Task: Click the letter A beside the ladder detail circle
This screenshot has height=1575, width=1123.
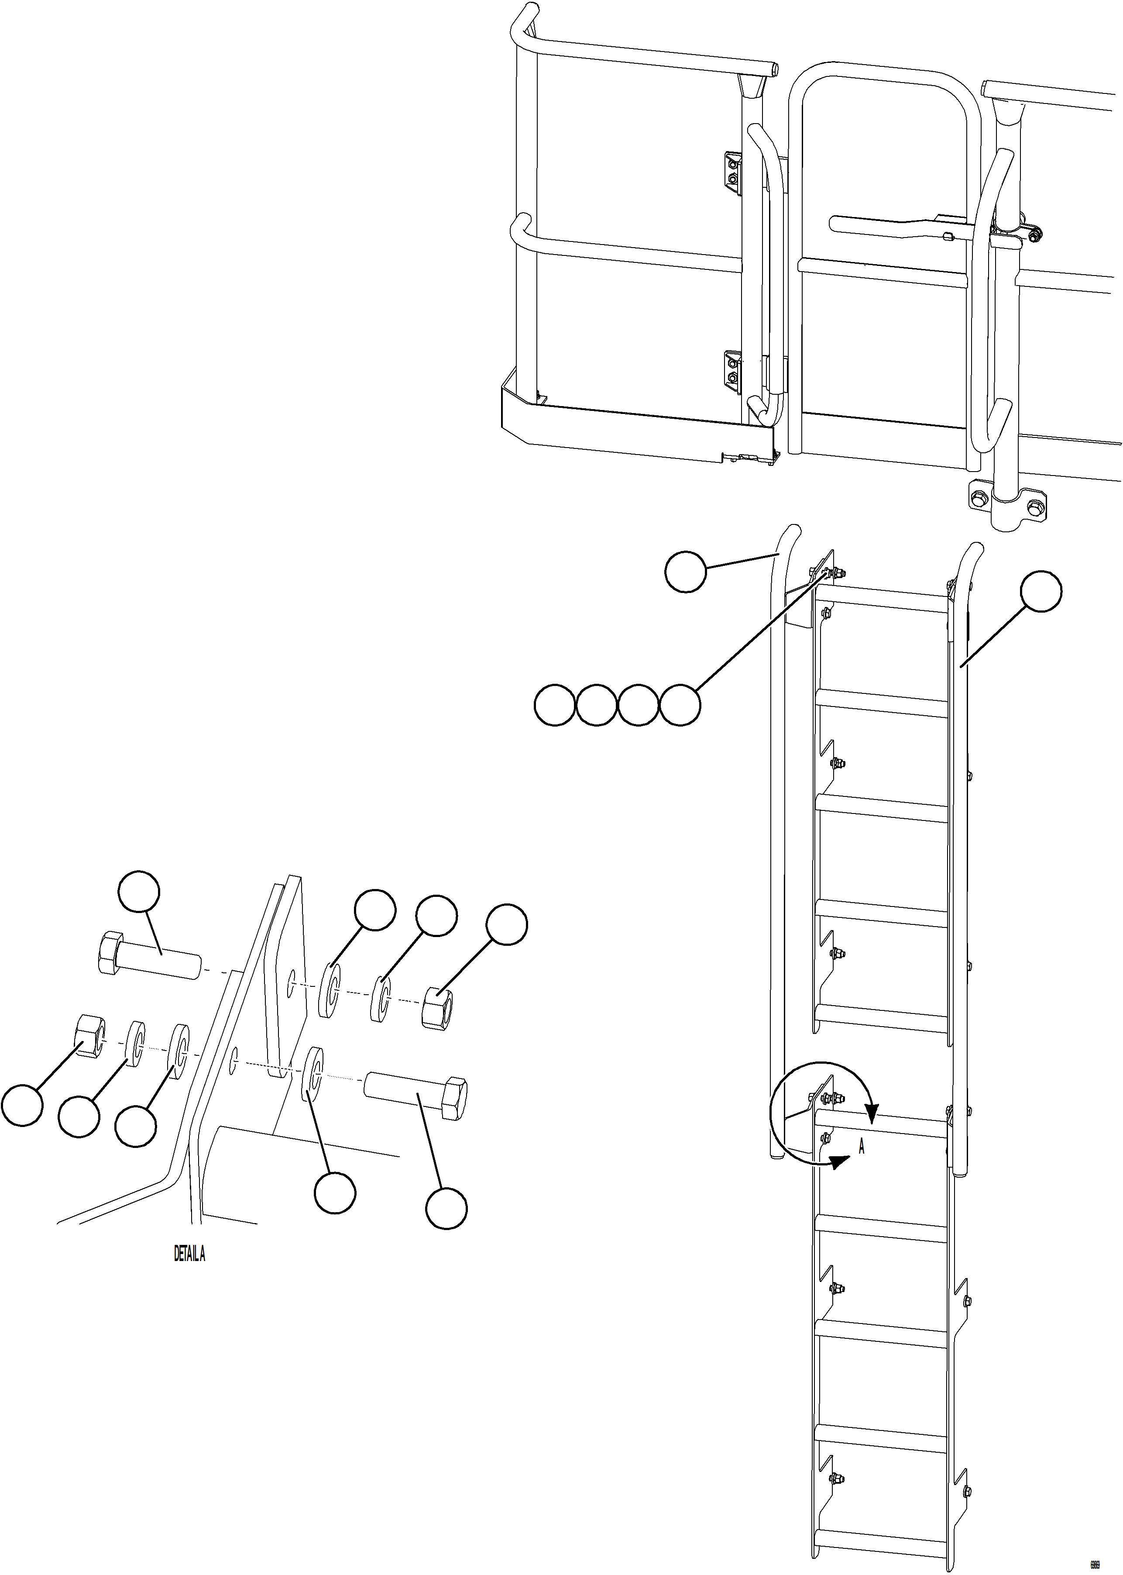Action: point(862,1147)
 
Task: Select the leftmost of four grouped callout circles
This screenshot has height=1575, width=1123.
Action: point(555,706)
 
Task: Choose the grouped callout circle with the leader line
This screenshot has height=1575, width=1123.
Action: point(680,706)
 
